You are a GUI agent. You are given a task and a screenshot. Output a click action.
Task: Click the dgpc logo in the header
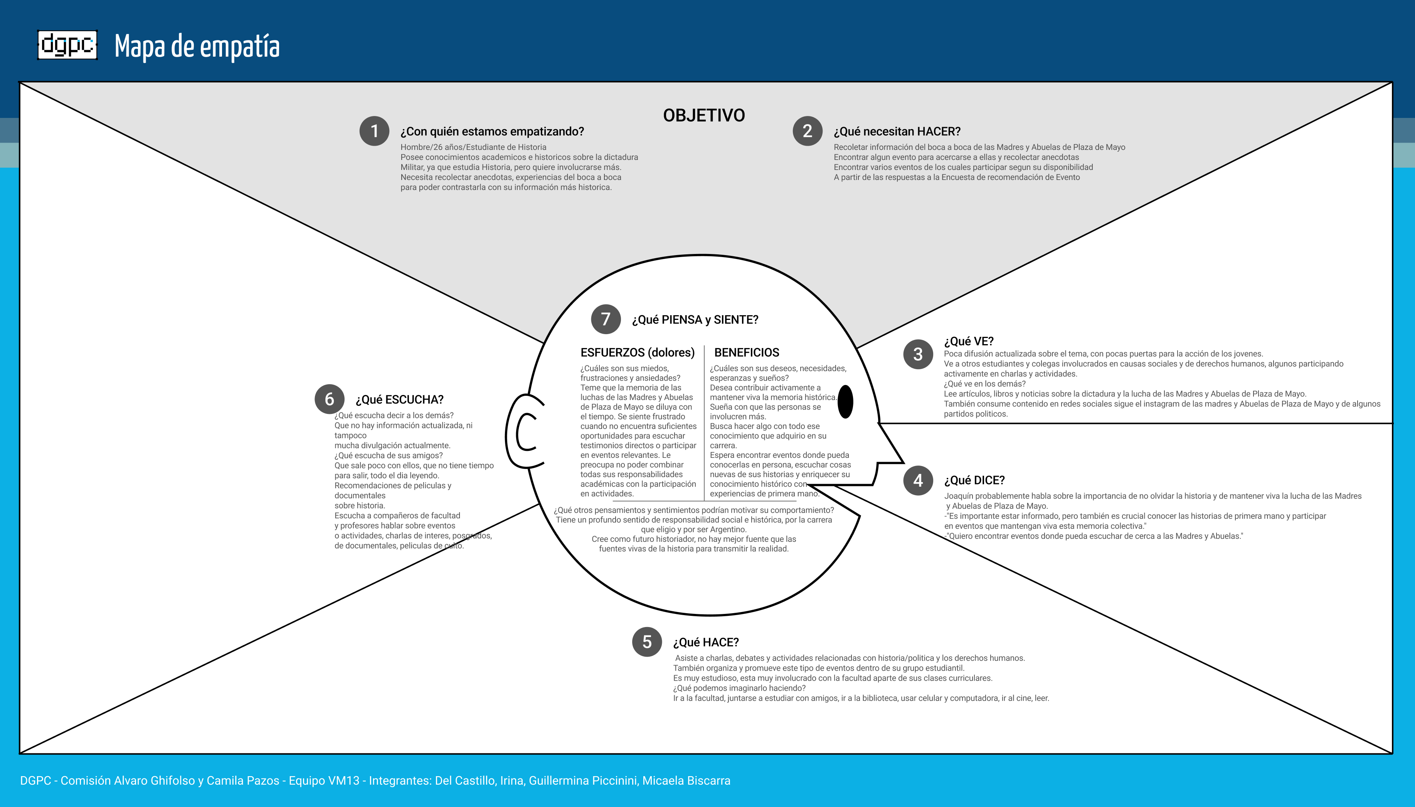pyautogui.click(x=67, y=45)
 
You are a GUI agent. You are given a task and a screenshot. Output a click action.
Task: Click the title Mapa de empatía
pyautogui.click(x=197, y=47)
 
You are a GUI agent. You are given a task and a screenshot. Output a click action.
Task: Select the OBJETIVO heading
pyautogui.click(x=704, y=115)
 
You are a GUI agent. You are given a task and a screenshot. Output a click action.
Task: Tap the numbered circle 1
pyautogui.click(x=374, y=131)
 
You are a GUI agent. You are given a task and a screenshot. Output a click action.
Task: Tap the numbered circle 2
pyautogui.click(x=808, y=131)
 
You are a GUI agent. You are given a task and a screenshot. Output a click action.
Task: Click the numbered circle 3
pyautogui.click(x=918, y=354)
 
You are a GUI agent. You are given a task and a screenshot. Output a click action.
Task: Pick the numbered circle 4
pyautogui.click(x=918, y=481)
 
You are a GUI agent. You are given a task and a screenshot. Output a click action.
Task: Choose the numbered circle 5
pyautogui.click(x=647, y=642)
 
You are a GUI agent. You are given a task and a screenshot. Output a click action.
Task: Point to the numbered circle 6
pyautogui.click(x=329, y=399)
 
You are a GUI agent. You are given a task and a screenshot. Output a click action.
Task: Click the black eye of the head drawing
pyautogui.click(x=845, y=402)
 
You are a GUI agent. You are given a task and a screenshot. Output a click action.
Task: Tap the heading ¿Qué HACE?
pyautogui.click(x=705, y=642)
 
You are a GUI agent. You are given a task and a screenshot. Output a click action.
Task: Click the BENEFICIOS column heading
pyautogui.click(x=747, y=353)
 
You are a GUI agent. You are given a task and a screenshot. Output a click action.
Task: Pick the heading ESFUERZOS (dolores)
pyautogui.click(x=638, y=353)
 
